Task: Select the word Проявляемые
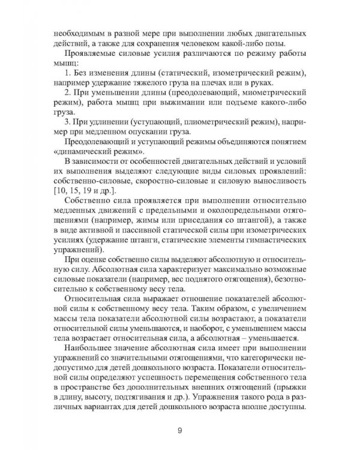(x=89, y=52)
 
